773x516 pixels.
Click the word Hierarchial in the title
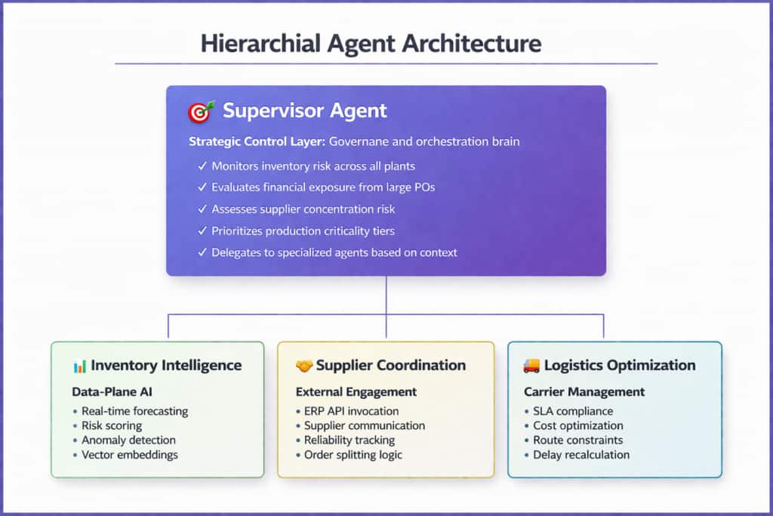[x=254, y=43]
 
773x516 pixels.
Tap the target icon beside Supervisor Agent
[x=200, y=112]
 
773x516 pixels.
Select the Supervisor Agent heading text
[x=304, y=111]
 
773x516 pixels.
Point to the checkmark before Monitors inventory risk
[x=202, y=166]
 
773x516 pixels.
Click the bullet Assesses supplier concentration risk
[x=303, y=209]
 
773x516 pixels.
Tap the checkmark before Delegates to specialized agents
[x=202, y=252]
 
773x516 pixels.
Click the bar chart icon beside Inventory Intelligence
[x=79, y=366]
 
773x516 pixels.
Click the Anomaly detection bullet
[x=128, y=440]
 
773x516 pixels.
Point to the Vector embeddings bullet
[x=130, y=454]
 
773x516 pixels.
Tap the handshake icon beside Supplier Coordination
[x=303, y=366]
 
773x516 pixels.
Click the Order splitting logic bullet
[x=353, y=454]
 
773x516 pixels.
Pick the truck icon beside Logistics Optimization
[x=531, y=366]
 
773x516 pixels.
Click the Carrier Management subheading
[x=584, y=392]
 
